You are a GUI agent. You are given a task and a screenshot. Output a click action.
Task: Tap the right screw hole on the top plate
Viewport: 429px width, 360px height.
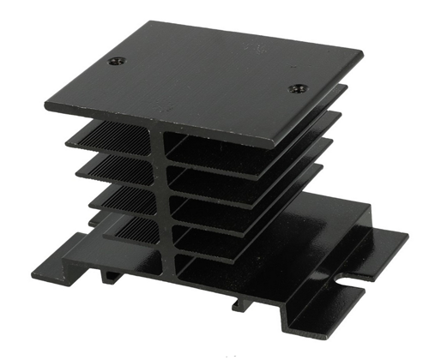coord(297,87)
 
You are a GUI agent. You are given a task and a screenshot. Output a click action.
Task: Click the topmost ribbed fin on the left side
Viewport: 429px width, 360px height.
coord(112,134)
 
